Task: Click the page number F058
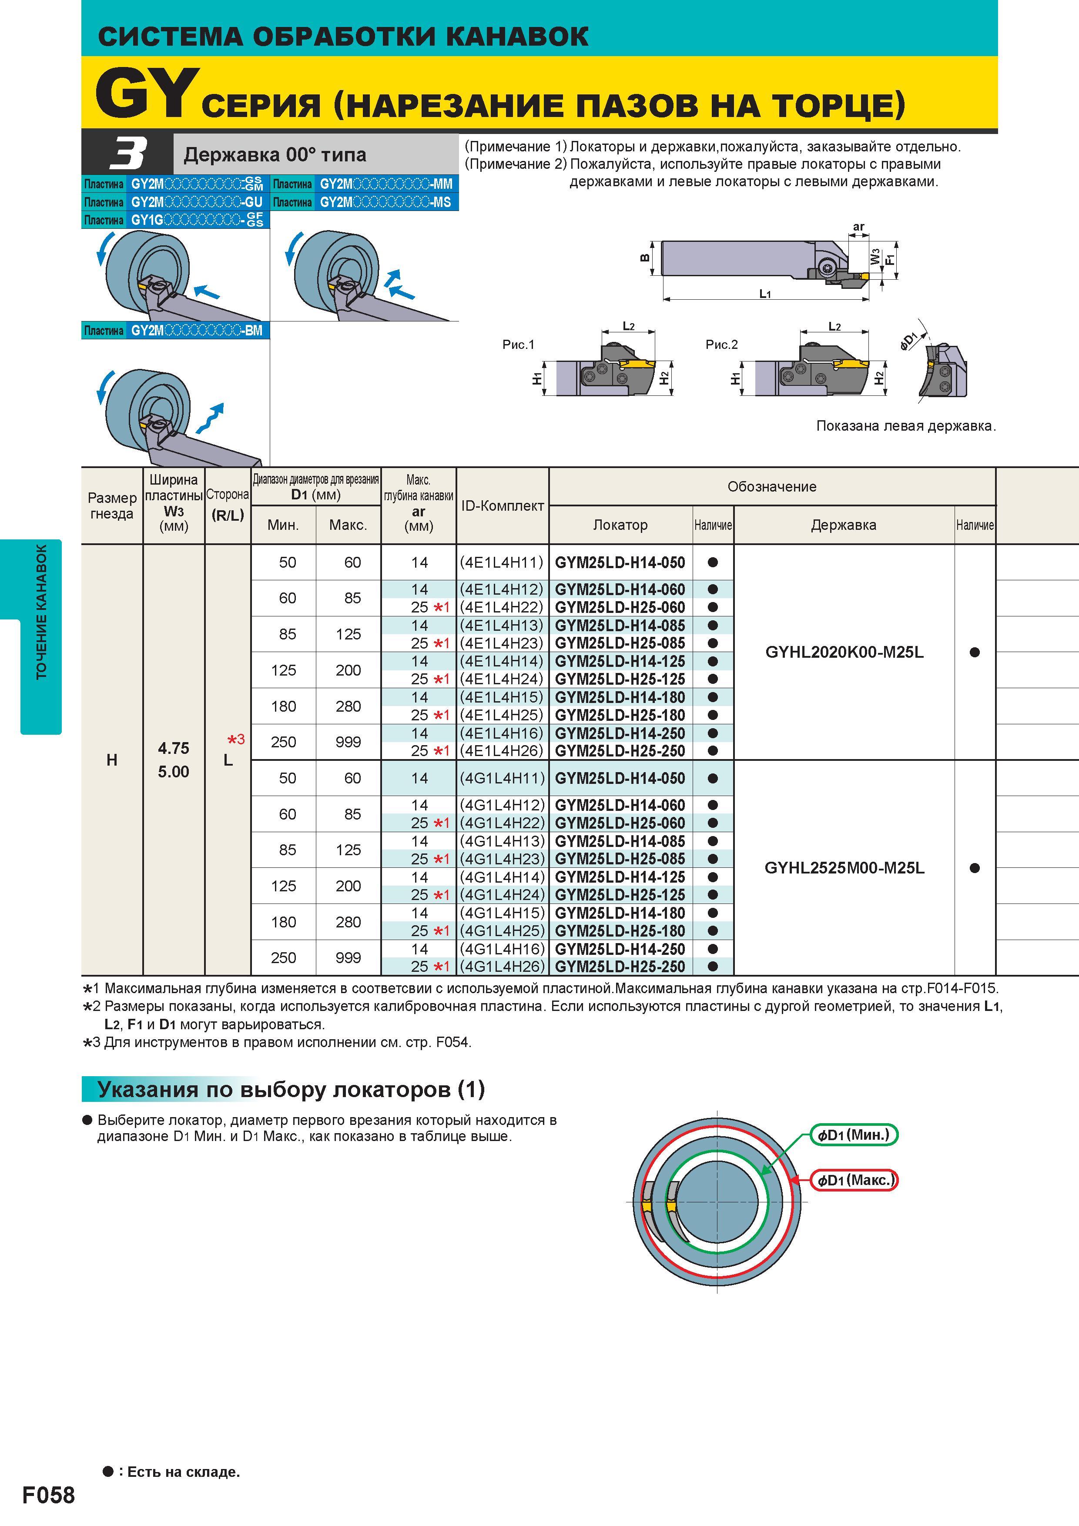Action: point(49,1495)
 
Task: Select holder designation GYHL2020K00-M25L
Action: point(844,652)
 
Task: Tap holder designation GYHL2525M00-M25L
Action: point(844,868)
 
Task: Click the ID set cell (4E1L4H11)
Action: point(502,562)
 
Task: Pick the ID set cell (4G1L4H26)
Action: point(502,967)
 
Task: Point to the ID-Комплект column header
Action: point(503,506)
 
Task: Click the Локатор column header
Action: point(620,525)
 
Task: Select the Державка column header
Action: point(844,525)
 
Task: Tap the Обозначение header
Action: point(772,486)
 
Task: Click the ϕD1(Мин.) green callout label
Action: point(854,1134)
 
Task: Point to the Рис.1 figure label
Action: point(519,344)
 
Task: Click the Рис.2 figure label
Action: point(722,344)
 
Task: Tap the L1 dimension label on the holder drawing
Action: point(765,293)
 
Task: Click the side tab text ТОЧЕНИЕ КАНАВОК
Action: point(41,612)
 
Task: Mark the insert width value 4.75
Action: point(174,748)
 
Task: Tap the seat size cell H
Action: point(112,760)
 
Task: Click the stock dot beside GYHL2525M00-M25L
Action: point(975,868)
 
